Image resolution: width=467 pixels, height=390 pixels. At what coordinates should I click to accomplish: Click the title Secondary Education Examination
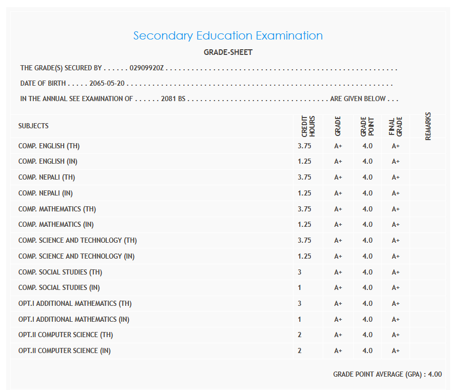[x=228, y=36]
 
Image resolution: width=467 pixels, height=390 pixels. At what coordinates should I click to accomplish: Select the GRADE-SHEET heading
[x=228, y=52]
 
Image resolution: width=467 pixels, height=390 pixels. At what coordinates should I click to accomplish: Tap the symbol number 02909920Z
[x=146, y=68]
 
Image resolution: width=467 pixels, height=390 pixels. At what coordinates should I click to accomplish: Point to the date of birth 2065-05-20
[x=108, y=84]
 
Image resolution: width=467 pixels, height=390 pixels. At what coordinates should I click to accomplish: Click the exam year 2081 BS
[x=173, y=99]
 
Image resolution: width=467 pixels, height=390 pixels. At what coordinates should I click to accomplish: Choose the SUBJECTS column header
[x=33, y=126]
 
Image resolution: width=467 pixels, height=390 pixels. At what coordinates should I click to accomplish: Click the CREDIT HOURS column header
[x=308, y=126]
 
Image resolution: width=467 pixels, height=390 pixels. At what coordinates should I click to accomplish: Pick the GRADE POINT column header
[x=367, y=126]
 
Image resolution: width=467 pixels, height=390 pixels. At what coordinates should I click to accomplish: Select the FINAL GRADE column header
[x=396, y=126]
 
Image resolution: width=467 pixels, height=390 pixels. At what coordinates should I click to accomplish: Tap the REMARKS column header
[x=428, y=126]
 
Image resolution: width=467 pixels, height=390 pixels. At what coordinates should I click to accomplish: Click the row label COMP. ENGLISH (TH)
[x=49, y=146]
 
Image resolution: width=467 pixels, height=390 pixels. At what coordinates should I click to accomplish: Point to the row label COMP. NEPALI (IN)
[x=46, y=193]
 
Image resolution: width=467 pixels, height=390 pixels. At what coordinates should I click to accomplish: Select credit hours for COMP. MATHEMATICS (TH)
[x=304, y=209]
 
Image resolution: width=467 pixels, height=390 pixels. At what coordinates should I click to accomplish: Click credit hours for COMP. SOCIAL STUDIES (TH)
[x=300, y=272]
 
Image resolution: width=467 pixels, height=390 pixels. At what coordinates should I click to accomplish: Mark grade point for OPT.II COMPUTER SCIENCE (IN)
[x=367, y=351]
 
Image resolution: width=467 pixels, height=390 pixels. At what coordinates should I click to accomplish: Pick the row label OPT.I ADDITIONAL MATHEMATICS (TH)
[x=75, y=304]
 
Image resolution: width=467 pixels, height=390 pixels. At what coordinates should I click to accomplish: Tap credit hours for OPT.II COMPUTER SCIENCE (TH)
[x=300, y=335]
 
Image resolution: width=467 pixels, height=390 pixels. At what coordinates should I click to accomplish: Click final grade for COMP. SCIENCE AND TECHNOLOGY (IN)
[x=396, y=256]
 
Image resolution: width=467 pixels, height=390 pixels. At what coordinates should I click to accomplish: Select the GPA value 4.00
[x=435, y=375]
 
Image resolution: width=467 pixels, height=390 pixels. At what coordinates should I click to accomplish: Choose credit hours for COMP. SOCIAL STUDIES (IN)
[x=300, y=288]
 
